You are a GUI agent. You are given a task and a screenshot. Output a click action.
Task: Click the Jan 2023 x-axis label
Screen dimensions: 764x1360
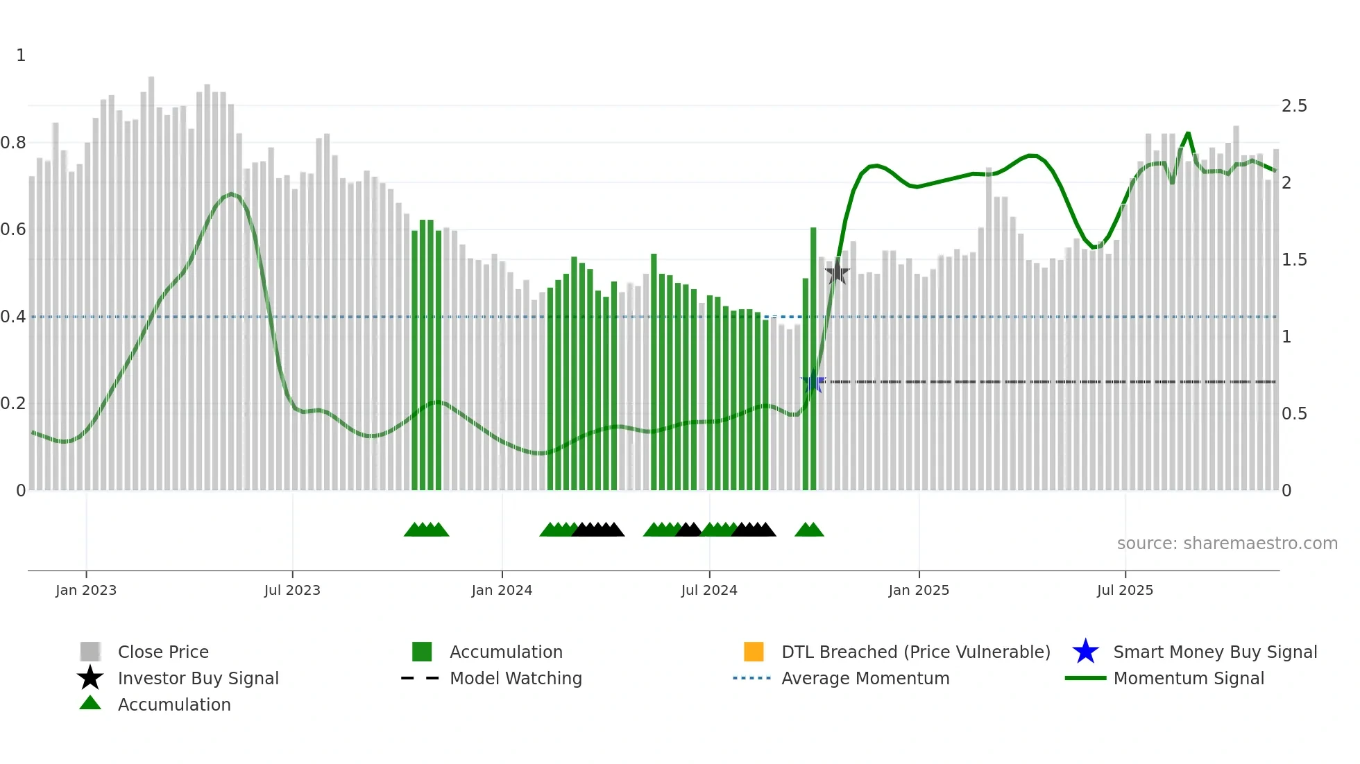[86, 591]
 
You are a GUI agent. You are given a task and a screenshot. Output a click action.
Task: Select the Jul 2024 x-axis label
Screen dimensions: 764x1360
[709, 591]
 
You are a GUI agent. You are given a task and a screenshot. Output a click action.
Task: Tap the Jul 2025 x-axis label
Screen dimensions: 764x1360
[1125, 591]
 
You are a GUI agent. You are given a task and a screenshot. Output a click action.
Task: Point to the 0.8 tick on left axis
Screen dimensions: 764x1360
[13, 143]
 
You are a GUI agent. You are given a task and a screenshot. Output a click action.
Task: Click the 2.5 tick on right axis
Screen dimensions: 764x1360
[1294, 106]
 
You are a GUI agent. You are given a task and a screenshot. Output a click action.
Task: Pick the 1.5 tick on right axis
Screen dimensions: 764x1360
[1294, 260]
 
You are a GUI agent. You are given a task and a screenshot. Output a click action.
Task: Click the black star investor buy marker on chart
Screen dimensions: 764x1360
[838, 272]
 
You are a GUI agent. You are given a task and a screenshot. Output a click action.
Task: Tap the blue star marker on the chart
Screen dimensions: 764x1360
[813, 381]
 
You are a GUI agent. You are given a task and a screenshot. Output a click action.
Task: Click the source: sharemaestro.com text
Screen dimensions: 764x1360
[1227, 544]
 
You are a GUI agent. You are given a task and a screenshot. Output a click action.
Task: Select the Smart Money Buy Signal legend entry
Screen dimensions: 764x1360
[1214, 652]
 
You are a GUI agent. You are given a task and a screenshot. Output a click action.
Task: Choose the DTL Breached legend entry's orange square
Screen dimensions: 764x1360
[754, 652]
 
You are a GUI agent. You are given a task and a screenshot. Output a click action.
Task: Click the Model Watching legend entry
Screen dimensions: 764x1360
[515, 679]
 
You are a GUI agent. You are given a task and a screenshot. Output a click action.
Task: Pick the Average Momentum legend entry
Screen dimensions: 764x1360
[865, 679]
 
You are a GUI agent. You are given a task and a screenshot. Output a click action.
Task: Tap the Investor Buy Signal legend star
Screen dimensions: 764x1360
[90, 678]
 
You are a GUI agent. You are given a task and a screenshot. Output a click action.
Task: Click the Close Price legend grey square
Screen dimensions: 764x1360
[90, 652]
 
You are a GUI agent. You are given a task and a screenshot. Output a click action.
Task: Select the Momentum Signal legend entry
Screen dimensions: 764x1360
[1188, 679]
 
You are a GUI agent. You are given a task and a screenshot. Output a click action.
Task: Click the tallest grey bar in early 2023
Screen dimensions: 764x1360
[151, 277]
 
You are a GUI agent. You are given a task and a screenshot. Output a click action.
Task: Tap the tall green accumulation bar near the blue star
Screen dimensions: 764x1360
[813, 361]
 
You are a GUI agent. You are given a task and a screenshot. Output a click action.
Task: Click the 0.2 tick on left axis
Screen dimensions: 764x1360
[13, 403]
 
